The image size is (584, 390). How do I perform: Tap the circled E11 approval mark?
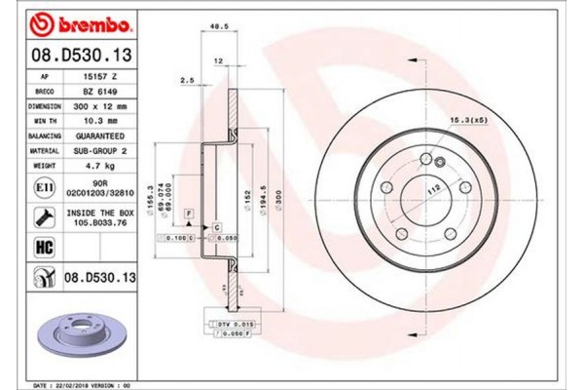pyautogui.click(x=45, y=185)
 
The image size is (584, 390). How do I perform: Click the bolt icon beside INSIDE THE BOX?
pyautogui.click(x=45, y=215)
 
